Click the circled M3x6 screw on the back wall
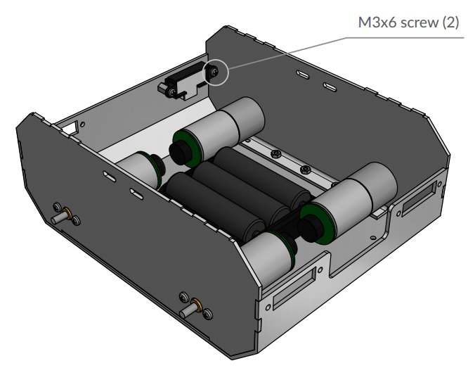(x=214, y=72)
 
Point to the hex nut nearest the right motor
(x=305, y=170)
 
